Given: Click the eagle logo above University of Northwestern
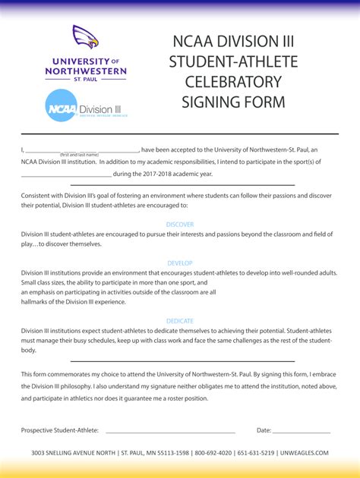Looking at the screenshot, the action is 86,37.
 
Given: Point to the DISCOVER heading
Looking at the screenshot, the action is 180,225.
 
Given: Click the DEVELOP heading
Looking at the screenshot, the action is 180,263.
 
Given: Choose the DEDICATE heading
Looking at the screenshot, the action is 180,321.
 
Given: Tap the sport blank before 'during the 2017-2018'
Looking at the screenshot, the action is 66,174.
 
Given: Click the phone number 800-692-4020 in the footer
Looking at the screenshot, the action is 213,453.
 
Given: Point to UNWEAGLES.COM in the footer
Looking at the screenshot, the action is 303,453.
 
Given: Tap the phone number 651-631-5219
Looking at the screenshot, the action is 256,453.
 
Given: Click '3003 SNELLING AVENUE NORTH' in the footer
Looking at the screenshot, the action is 74,453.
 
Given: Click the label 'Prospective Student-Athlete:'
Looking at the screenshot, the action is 60,430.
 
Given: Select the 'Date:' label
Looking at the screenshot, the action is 264,430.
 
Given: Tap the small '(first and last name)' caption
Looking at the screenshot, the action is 80,155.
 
